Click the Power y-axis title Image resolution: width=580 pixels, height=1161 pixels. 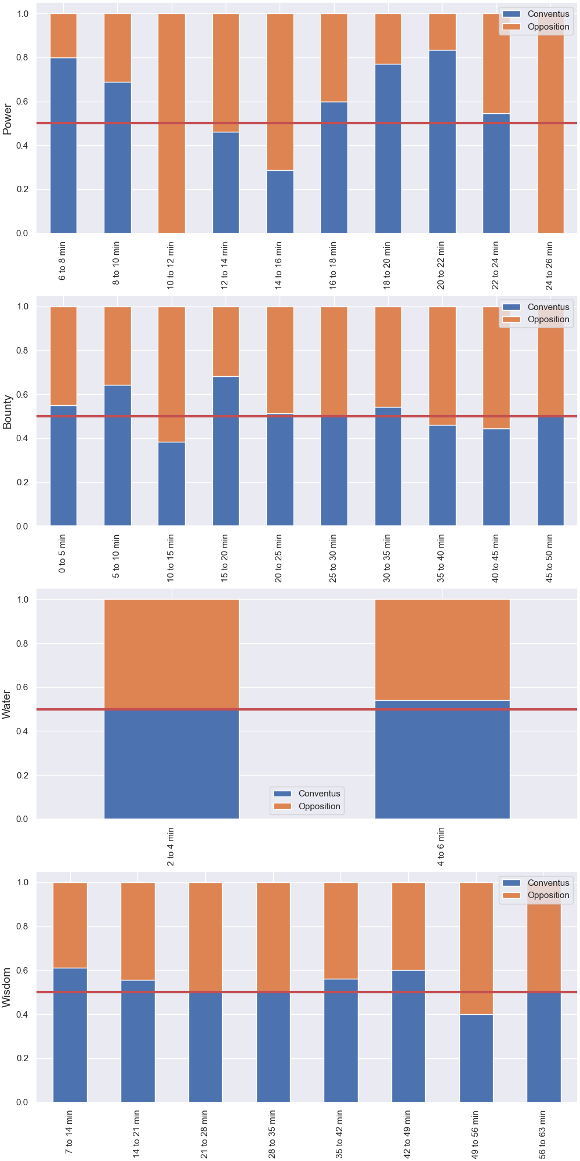pos(8,119)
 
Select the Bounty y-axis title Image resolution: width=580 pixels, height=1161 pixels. pos(8,412)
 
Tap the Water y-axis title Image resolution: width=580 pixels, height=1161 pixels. pos(7,705)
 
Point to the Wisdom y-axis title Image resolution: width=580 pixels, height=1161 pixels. pos(7,987)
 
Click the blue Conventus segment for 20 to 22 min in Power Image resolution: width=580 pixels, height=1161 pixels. pos(443,142)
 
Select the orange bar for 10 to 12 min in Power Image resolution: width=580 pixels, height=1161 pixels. pos(172,123)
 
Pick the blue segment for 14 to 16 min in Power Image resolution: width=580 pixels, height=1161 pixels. pos(280,201)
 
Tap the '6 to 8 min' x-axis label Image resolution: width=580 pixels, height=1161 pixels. pos(63,261)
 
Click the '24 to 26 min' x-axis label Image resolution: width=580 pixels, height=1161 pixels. pos(550,265)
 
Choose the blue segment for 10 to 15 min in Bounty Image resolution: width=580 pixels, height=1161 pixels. pos(172,484)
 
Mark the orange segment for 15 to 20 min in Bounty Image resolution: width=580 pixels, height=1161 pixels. pos(226,341)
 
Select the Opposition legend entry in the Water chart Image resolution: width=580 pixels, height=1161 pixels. pos(307,806)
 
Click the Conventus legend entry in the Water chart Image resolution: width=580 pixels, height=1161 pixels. pos(307,794)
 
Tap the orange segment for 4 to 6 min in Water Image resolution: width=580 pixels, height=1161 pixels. pos(443,650)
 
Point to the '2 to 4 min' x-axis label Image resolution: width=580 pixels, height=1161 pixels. pos(171,846)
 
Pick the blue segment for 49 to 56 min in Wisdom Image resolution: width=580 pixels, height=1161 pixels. pos(476,1058)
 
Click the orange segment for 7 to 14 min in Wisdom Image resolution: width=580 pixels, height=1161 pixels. pos(70,925)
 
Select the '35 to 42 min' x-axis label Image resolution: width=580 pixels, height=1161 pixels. pos(340,1134)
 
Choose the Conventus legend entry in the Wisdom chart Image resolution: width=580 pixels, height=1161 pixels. pos(536,883)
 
